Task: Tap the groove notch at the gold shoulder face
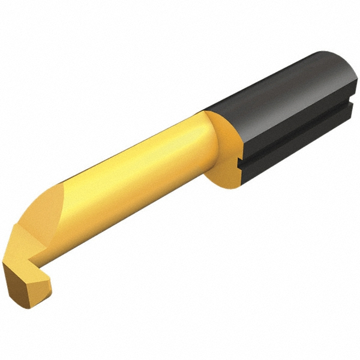click(x=241, y=163)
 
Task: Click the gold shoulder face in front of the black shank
click(x=225, y=150)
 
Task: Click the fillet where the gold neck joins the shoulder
click(x=207, y=144)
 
